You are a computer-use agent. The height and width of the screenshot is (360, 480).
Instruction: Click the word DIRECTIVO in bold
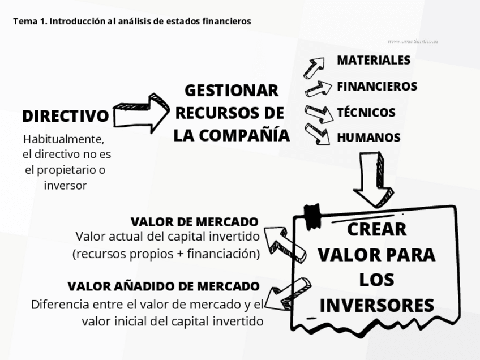65,117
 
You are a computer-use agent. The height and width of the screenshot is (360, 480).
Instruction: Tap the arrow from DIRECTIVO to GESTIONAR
141,112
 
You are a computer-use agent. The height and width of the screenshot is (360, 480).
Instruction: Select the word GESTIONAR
232,91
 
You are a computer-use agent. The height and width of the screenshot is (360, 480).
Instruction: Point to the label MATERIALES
374,60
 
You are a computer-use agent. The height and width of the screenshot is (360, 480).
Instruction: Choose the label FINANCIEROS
377,86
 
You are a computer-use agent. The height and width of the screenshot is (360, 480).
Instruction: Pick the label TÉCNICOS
366,112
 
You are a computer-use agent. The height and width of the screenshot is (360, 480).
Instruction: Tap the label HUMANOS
368,138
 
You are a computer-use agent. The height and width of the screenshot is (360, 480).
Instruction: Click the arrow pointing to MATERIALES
313,67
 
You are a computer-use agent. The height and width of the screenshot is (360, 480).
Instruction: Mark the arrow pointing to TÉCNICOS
318,113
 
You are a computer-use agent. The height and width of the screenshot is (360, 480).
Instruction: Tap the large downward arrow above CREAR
374,178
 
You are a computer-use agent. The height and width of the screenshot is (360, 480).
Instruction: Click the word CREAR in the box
376,229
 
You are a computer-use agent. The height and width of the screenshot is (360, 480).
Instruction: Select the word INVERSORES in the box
376,305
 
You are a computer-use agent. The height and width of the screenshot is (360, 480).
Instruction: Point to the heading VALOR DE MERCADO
194,221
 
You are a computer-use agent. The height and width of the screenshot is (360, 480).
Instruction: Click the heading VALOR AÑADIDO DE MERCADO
163,286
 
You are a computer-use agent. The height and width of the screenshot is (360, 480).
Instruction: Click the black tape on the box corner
312,213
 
